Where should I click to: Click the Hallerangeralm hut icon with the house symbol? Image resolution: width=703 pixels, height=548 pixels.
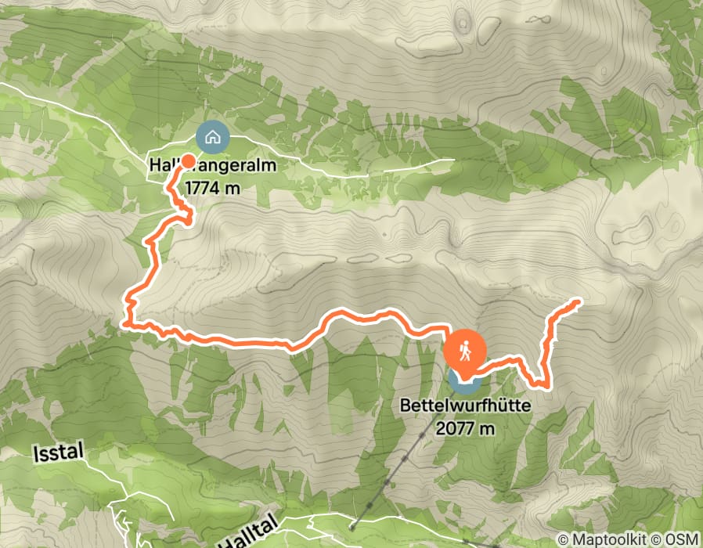(x=212, y=137)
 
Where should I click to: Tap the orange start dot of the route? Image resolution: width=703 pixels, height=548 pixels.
(x=189, y=160)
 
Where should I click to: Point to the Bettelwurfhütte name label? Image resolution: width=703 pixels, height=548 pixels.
(x=466, y=406)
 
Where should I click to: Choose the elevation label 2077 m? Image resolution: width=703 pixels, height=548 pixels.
(x=467, y=427)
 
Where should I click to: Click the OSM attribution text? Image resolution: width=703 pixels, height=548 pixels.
(x=680, y=539)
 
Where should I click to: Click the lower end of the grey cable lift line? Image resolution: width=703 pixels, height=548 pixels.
(x=353, y=527)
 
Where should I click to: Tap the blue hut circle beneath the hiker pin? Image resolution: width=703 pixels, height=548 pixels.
(x=465, y=383)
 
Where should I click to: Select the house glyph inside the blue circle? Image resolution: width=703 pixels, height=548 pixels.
(x=212, y=137)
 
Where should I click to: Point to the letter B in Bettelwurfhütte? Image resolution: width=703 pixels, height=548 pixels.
(x=405, y=406)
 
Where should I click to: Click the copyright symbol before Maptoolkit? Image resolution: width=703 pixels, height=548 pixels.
(x=564, y=539)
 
